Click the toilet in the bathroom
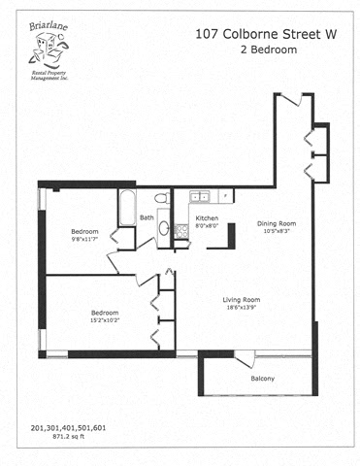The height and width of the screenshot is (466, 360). point(164,199)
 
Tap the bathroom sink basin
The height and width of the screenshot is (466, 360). point(164,229)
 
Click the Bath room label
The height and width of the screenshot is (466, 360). point(147,217)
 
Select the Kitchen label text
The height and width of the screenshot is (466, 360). point(208,217)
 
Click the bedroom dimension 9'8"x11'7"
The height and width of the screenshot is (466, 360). point(84,239)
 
